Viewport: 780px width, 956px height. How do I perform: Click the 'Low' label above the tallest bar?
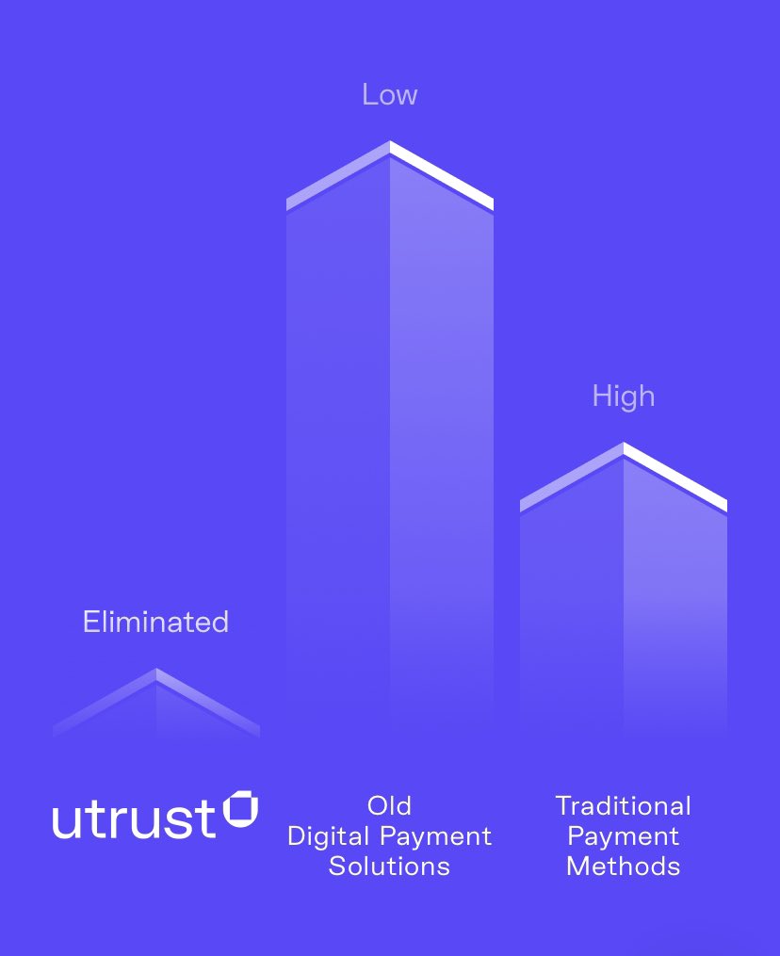click(x=389, y=95)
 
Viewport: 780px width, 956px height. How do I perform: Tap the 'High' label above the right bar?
click(x=623, y=397)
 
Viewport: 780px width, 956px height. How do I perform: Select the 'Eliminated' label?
click(x=155, y=623)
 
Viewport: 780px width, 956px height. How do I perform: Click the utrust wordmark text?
click(x=134, y=819)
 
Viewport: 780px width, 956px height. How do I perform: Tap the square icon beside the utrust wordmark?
click(x=240, y=810)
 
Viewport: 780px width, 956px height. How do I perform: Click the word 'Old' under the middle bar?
click(x=389, y=806)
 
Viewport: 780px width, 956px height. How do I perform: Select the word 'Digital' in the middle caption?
click(x=329, y=836)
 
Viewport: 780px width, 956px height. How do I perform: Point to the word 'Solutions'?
click(x=389, y=867)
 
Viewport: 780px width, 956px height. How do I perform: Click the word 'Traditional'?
click(x=623, y=806)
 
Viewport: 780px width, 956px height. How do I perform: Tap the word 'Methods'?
click(x=623, y=867)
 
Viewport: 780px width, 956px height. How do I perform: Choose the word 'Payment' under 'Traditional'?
click(x=623, y=836)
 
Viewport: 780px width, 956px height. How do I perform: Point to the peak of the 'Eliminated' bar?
click(x=156, y=671)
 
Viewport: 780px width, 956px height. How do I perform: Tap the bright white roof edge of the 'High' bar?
click(x=675, y=476)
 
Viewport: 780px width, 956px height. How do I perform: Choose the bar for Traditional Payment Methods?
click(x=623, y=603)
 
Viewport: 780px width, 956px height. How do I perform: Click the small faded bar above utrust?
click(x=156, y=706)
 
